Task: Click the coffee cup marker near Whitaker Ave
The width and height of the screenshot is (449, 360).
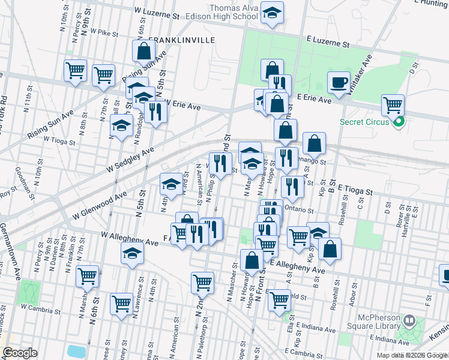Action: pyautogui.click(x=339, y=82)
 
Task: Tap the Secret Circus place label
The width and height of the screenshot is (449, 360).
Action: pyautogui.click(x=365, y=123)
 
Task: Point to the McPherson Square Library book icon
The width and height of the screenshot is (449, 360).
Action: pyautogui.click(x=410, y=321)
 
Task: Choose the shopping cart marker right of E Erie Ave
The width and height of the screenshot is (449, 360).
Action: pyautogui.click(x=393, y=106)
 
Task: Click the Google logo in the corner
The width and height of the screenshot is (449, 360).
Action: pyautogui.click(x=20, y=353)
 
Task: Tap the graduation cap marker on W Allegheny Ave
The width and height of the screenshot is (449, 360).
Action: pyautogui.click(x=132, y=254)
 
